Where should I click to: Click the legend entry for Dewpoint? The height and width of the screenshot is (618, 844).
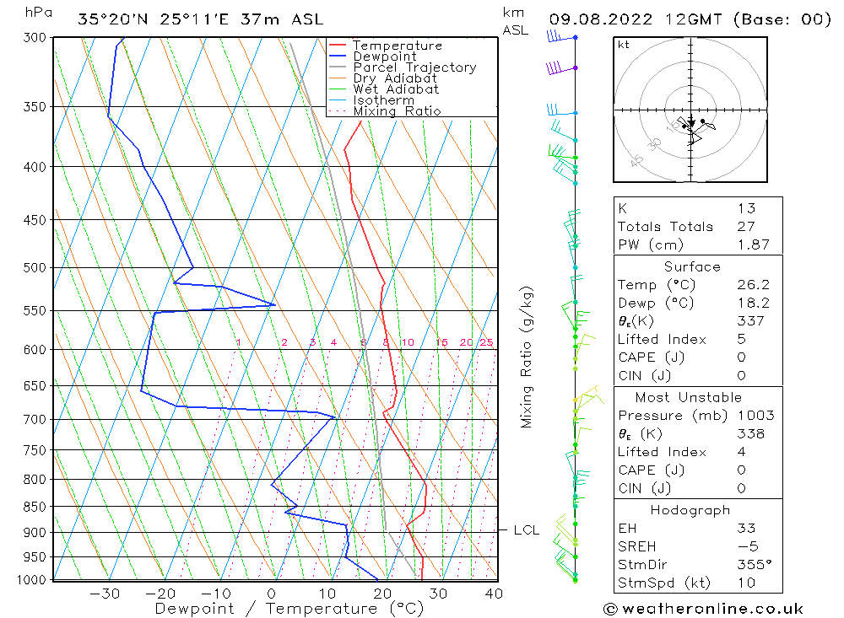[x=384, y=56]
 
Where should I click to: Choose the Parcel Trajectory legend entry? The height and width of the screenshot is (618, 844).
[x=414, y=67]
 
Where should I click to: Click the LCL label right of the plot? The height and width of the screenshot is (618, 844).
[x=526, y=530]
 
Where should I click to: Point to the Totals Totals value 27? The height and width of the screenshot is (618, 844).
[x=746, y=227]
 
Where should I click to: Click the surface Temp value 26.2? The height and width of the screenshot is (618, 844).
[x=753, y=285]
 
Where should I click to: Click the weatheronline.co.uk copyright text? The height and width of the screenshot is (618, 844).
[x=702, y=608]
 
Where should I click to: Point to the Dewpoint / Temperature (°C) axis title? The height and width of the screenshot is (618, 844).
[x=289, y=609]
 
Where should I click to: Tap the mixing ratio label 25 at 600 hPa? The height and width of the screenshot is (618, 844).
[x=486, y=342]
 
